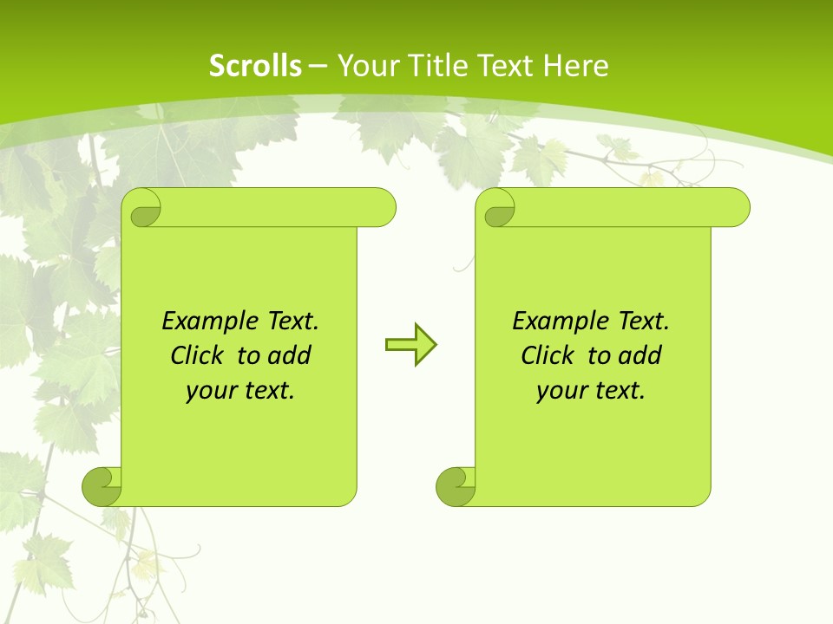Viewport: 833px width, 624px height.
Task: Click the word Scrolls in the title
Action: pyautogui.click(x=255, y=66)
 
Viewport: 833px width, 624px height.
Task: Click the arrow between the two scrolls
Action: pyautogui.click(x=410, y=345)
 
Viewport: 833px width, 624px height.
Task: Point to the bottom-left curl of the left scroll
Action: pyautogui.click(x=102, y=486)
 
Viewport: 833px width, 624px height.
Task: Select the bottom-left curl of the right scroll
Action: pyautogui.click(x=456, y=486)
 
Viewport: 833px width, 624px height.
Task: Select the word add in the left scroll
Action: pyautogui.click(x=290, y=355)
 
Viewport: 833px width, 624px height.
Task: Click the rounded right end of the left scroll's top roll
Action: pyautogui.click(x=384, y=208)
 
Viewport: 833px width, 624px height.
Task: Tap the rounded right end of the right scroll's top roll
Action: pyautogui.click(x=738, y=208)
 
